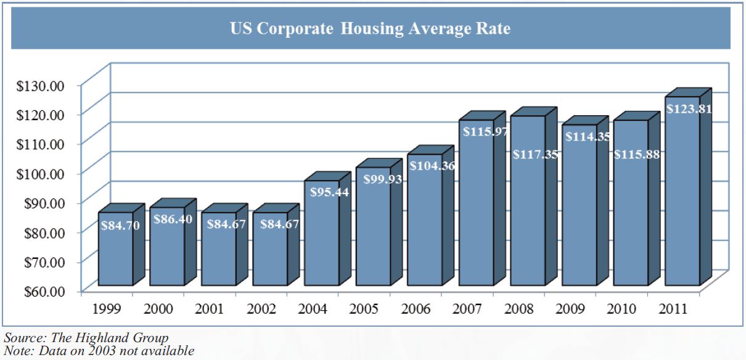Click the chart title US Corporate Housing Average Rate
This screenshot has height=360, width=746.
pos(370,28)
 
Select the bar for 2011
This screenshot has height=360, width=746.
pos(682,197)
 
